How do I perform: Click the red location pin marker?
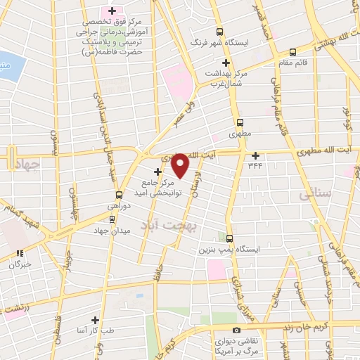tap(181, 165)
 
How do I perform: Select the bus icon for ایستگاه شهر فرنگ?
tap(220, 32)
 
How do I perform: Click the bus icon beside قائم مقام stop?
tap(292, 51)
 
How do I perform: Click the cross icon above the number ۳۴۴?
tap(255, 155)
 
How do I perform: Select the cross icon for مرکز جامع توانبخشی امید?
tap(157, 171)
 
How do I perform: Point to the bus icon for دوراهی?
tap(119, 195)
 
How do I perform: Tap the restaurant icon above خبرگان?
tap(20, 253)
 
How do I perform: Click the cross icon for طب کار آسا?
tap(105, 321)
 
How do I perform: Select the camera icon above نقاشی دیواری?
tap(237, 330)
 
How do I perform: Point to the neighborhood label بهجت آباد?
tap(160, 225)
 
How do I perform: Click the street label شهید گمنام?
tap(20, 224)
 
